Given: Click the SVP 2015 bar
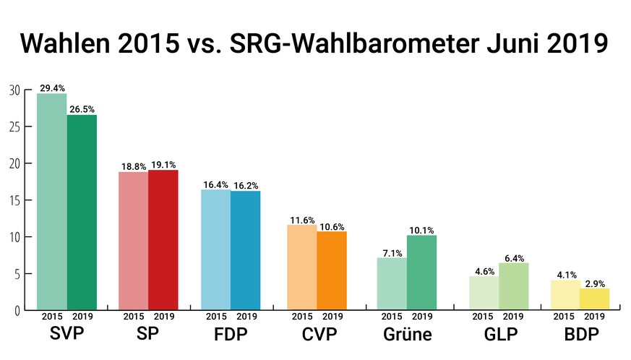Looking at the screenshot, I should pyautogui.click(x=51, y=202).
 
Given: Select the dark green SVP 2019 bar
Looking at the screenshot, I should pyautogui.click(x=82, y=213).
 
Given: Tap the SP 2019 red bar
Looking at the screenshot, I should pyautogui.click(x=163, y=240).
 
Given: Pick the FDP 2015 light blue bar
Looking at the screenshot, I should pyautogui.click(x=215, y=250).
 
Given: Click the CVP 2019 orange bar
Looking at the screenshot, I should pyautogui.click(x=332, y=271).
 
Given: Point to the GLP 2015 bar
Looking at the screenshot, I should pyautogui.click(x=484, y=293).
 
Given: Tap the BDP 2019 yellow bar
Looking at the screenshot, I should pyautogui.click(x=594, y=299).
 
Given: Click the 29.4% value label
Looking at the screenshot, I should pyautogui.click(x=52, y=87).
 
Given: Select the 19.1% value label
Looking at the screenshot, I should pyautogui.click(x=163, y=164).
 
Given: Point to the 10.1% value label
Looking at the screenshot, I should pyautogui.click(x=422, y=231).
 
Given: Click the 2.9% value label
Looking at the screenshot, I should pyautogui.click(x=595, y=283).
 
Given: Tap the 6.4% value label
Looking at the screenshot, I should pyautogui.click(x=514, y=257).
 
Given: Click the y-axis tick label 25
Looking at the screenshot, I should pyautogui.click(x=14, y=127).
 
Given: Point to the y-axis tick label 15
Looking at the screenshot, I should pyautogui.click(x=14, y=200).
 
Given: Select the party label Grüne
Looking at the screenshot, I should pyautogui.click(x=407, y=335).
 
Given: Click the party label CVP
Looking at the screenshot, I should pyautogui.click(x=317, y=335).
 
